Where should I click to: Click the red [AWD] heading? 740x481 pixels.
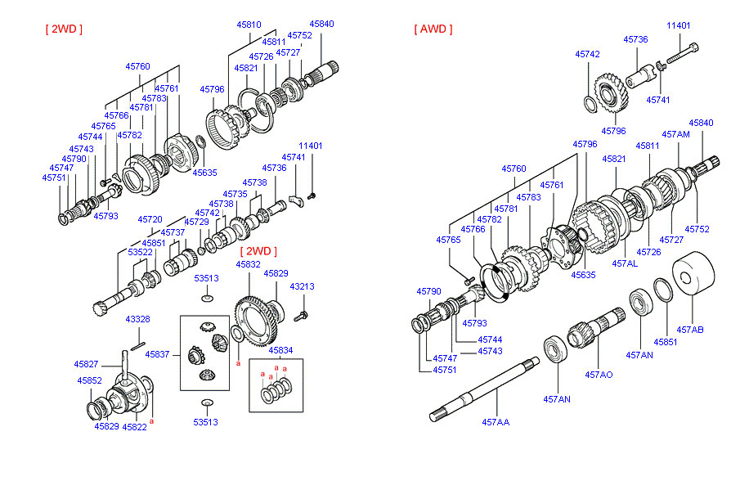[433, 29]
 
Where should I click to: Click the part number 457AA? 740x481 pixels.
[496, 422]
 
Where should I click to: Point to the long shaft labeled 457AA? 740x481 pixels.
[484, 389]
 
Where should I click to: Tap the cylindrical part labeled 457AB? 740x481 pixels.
[693, 273]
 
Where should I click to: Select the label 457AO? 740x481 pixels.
[599, 375]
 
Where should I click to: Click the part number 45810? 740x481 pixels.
[249, 25]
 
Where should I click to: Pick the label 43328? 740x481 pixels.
[137, 319]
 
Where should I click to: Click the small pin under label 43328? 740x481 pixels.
[138, 347]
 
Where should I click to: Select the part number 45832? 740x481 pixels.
[249, 264]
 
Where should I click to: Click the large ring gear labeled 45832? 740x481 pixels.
[256, 321]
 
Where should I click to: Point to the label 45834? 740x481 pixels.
[280, 350]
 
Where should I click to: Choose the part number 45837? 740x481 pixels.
[157, 354]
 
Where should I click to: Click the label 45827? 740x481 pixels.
[86, 364]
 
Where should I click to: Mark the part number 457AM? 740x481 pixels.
[675, 134]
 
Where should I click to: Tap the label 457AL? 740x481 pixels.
[625, 263]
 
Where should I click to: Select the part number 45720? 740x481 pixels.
[150, 219]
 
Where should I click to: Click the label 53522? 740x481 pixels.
[140, 252]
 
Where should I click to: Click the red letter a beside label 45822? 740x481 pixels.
[152, 420]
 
